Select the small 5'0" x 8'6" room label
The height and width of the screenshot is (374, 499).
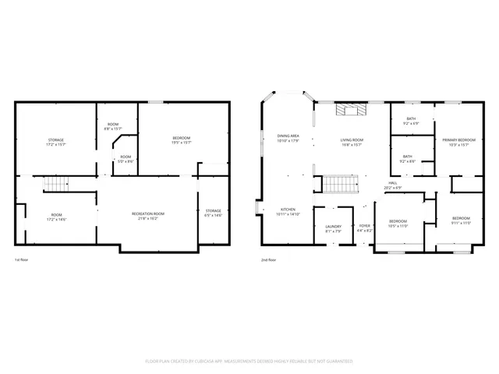pyautogui.click(x=126, y=158)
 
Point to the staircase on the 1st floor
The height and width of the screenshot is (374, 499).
pyautogui.click(x=56, y=185)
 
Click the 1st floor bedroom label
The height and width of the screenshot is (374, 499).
pyautogui.click(x=181, y=140)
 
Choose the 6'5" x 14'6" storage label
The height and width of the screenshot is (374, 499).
pyautogui.click(x=213, y=213)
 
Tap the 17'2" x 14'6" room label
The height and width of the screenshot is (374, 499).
pyautogui.click(x=56, y=217)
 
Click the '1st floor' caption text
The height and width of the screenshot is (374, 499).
pyautogui.click(x=23, y=259)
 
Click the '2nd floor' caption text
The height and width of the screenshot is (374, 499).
pyautogui.click(x=267, y=259)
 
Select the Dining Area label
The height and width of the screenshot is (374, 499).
pyautogui.click(x=288, y=138)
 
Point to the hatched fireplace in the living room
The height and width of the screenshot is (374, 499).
pyautogui.click(x=350, y=110)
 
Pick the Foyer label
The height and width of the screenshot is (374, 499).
pyautogui.click(x=364, y=228)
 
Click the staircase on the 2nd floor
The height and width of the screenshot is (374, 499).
pyautogui.click(x=339, y=185)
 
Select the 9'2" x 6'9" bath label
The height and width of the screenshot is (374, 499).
pyautogui.click(x=411, y=121)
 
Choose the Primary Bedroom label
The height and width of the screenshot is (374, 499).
pyautogui.click(x=458, y=142)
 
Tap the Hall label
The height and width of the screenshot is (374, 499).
pyautogui.click(x=392, y=185)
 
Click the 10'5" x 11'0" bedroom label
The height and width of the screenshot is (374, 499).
pyautogui.click(x=398, y=223)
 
